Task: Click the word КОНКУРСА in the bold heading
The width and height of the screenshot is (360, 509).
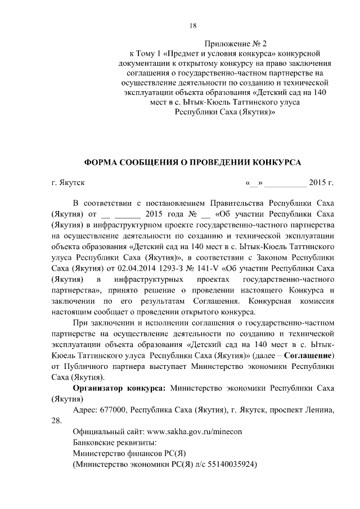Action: click(270, 163)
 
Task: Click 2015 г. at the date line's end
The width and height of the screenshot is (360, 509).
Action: click(322, 183)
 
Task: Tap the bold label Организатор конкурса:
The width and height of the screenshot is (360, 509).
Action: click(119, 388)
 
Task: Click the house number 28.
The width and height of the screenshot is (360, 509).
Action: click(56, 420)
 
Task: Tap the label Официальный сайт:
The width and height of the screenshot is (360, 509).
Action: click(109, 431)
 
